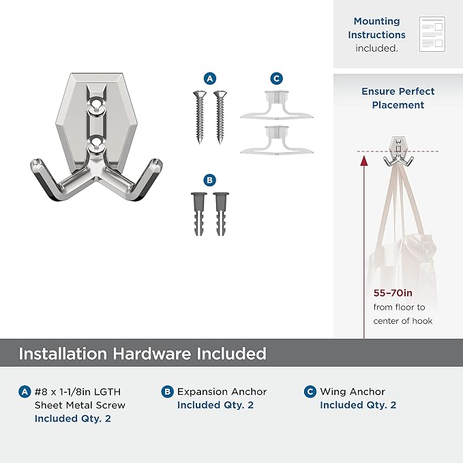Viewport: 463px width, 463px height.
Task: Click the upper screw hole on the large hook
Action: point(95,104)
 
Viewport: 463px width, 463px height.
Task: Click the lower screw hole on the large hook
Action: point(95,143)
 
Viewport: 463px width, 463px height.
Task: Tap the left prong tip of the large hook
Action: point(37,162)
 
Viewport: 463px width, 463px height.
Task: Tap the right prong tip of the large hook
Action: point(155,162)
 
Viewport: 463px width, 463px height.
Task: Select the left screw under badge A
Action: point(200,117)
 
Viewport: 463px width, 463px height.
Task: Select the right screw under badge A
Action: point(220,117)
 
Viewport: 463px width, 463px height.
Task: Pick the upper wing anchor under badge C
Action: point(277,105)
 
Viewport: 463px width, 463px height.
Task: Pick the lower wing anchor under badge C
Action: point(277,140)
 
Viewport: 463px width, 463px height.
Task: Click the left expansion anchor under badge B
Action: point(198,214)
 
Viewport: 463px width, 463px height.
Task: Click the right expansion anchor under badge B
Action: point(221,214)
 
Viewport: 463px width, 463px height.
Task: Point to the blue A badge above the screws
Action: point(209,78)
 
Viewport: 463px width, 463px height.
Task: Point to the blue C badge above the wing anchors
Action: point(277,78)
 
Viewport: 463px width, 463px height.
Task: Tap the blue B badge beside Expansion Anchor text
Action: point(168,392)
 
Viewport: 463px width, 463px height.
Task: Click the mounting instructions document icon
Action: point(432,34)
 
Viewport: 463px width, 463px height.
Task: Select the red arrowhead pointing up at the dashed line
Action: point(364,161)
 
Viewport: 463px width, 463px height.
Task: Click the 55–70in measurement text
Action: point(393,293)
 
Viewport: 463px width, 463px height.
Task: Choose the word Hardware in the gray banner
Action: point(152,353)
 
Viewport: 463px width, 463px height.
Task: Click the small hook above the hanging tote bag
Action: point(398,151)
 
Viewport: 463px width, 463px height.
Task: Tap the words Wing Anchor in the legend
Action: point(353,392)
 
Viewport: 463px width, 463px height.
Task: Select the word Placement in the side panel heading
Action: point(398,105)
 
